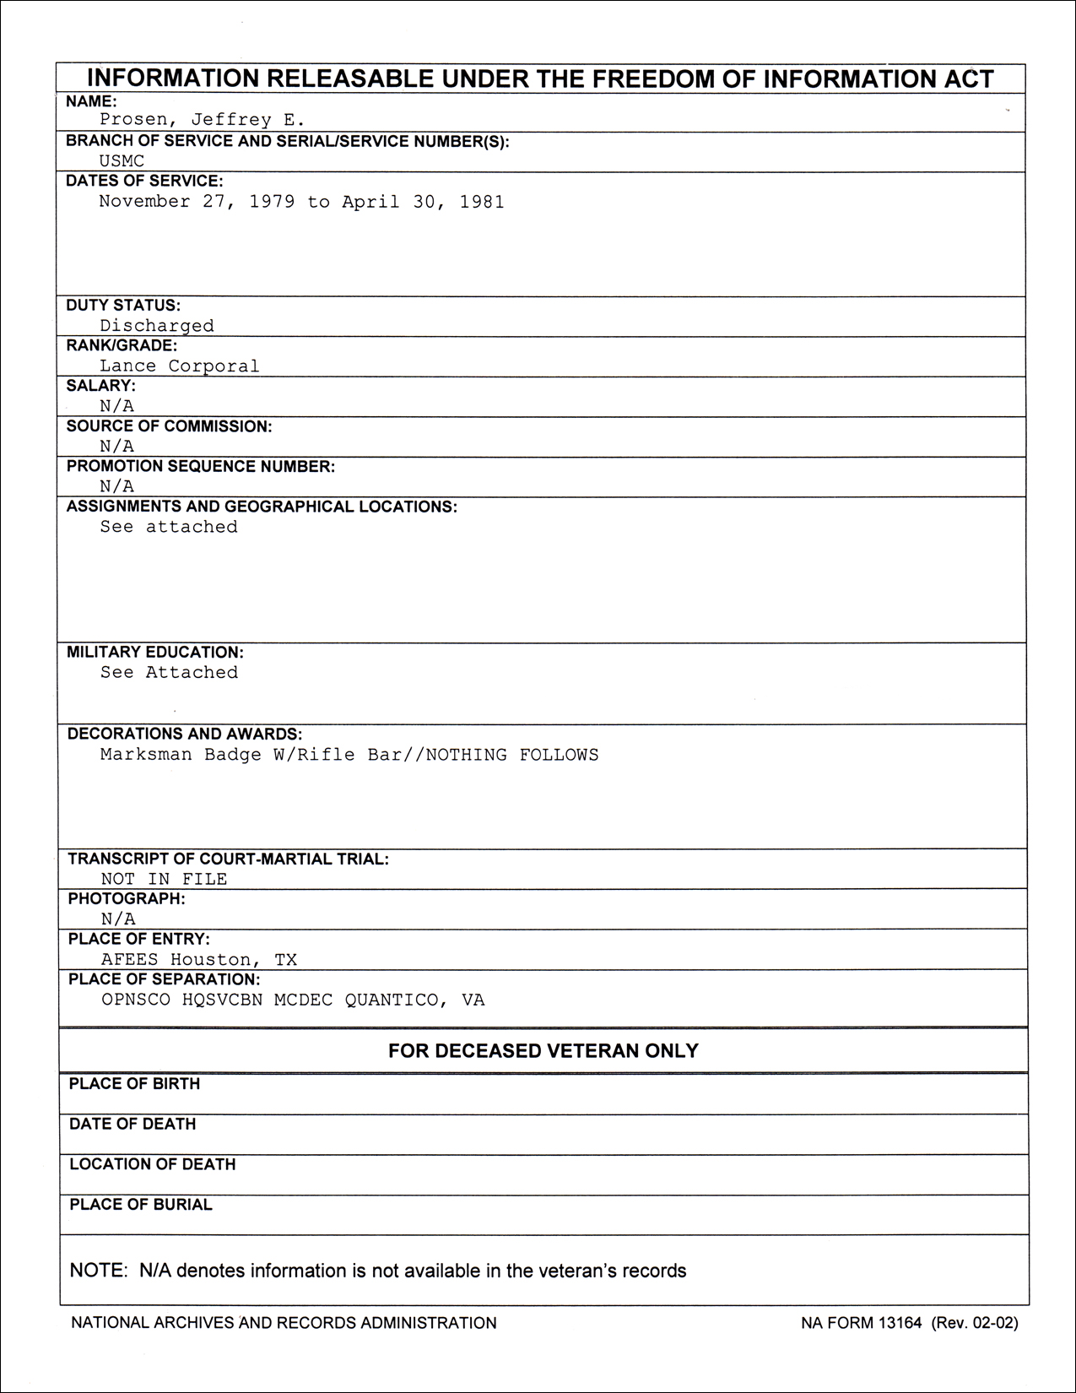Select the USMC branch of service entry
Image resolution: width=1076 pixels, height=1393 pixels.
tap(122, 160)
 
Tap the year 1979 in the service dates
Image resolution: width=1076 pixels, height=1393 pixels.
tap(272, 202)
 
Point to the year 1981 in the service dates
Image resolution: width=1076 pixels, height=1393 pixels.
tap(481, 202)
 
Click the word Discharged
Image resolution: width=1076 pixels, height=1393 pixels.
tap(157, 326)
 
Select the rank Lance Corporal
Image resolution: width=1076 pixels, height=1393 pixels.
tap(180, 366)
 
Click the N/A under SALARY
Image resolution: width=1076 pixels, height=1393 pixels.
tap(116, 406)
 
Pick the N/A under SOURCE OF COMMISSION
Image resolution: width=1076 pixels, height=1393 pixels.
tap(116, 447)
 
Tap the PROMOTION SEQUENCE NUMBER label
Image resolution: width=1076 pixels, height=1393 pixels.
tap(201, 467)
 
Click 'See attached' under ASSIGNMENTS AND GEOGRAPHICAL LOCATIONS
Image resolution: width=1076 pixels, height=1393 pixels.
tap(169, 527)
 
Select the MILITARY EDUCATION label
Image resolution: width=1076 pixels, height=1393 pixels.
tap(155, 653)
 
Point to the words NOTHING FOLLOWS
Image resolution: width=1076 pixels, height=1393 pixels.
tap(512, 755)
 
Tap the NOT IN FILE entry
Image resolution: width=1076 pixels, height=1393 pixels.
tap(164, 879)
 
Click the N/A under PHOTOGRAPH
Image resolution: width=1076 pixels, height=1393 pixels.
tap(118, 919)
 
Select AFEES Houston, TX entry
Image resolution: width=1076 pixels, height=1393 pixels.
tap(199, 960)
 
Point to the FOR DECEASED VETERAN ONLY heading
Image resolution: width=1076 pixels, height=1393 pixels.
tap(543, 1051)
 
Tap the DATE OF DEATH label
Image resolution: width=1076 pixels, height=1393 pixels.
tap(132, 1125)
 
